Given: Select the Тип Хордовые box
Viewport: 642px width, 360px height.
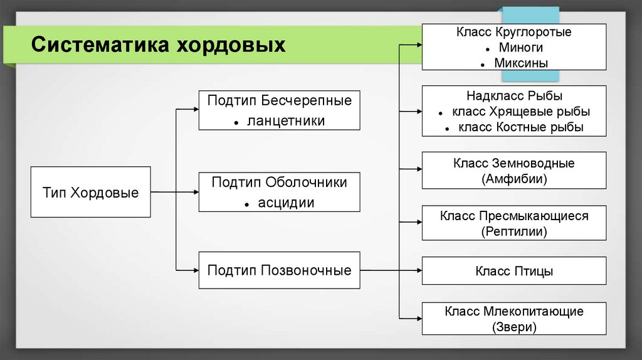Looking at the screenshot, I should point(90,192).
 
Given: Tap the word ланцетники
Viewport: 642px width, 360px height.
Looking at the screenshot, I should point(286,120).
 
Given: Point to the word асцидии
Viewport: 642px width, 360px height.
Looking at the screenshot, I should point(286,203).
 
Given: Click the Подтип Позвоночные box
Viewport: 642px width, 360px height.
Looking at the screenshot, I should point(279,270).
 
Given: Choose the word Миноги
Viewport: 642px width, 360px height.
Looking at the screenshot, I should point(521,47).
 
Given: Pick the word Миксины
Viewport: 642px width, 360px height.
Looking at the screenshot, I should point(521,63).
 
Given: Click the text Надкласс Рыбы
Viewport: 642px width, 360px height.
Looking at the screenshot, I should point(514,96).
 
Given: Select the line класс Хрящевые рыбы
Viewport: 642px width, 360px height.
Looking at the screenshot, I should point(521,112).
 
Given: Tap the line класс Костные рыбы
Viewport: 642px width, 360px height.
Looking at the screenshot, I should point(521,127).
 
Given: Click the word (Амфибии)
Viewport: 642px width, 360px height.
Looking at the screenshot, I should point(514,179).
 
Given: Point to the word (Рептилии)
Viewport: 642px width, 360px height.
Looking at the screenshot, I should point(514,231).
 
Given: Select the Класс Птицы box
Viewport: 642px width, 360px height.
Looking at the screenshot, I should point(514,271).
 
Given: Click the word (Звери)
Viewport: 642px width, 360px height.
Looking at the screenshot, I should point(514,327).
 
